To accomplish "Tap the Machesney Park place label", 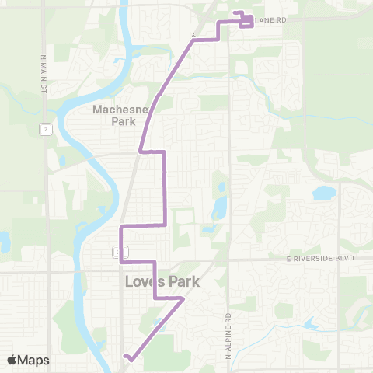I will point(115,115).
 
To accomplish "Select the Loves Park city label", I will point(162,283).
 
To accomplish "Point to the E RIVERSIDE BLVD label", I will point(319,257).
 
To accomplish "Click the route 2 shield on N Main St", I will point(47,128).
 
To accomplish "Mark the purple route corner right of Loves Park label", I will point(183,298).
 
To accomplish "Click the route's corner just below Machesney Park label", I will point(141,152).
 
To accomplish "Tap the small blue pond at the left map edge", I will point(3,242).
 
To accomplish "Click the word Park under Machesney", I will point(115,121).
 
